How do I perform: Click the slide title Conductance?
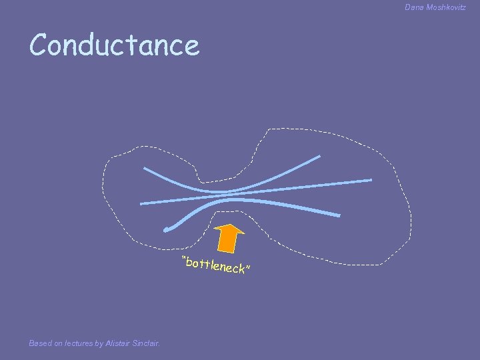pyautogui.click(x=114, y=45)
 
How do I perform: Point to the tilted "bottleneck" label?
pyautogui.click(x=217, y=265)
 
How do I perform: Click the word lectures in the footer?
pyautogui.click(x=79, y=343)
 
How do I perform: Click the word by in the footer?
pyautogui.click(x=98, y=343)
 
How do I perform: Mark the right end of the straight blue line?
pyautogui.click(x=371, y=180)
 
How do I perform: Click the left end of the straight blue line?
pyautogui.click(x=141, y=203)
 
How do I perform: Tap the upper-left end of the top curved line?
pyautogui.click(x=145, y=168)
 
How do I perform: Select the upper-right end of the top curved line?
pyautogui.click(x=319, y=157)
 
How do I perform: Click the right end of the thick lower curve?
pyautogui.click(x=339, y=215)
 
